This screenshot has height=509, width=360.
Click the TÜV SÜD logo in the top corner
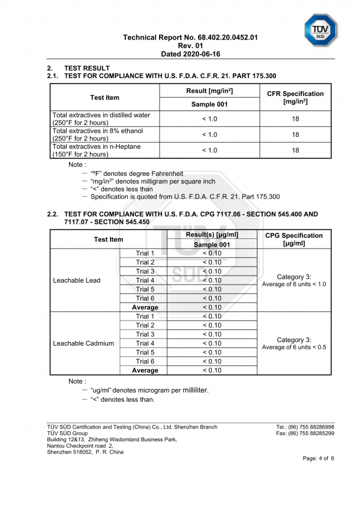point(320,29)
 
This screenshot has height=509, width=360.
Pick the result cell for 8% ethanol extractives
point(209,134)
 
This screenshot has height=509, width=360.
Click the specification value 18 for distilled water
point(295,119)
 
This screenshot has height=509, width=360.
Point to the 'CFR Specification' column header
point(295,97)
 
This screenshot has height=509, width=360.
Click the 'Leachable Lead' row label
point(77,280)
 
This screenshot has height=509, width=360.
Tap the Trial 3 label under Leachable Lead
point(145,271)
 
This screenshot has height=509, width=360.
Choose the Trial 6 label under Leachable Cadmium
point(145,361)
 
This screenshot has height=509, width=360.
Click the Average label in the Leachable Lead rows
point(145,307)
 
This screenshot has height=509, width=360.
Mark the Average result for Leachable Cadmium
point(212,370)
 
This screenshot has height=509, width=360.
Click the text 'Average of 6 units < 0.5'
point(294,348)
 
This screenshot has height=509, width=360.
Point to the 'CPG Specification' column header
point(294,239)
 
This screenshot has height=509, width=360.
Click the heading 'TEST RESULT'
point(87,68)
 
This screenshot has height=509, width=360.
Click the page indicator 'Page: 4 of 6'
point(319,458)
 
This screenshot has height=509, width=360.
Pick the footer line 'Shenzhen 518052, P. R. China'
point(85,452)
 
